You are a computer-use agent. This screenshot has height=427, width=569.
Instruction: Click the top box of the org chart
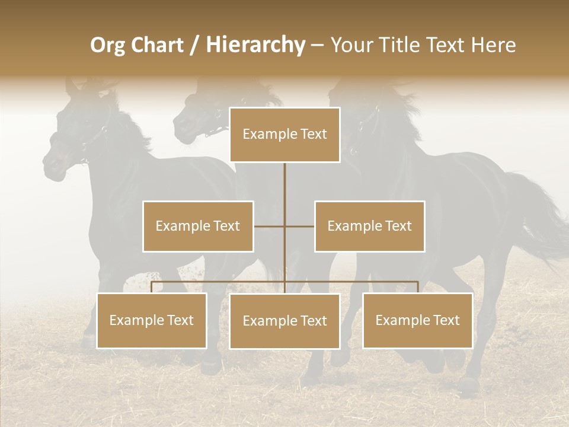coord(284,135)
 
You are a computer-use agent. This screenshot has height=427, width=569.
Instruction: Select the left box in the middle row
coord(198,226)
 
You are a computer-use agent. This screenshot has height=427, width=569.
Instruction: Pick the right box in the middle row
coord(369,226)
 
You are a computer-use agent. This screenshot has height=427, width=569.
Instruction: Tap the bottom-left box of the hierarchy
coord(152,320)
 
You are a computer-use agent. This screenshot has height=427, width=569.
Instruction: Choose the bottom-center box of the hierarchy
coord(284,321)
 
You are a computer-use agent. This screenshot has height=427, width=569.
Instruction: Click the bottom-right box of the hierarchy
coord(417,320)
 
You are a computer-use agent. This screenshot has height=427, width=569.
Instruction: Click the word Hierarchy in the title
coord(255,44)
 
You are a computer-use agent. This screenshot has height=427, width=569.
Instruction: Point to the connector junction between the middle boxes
coord(284,226)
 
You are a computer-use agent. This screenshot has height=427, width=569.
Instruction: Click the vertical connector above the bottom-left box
coord(152,287)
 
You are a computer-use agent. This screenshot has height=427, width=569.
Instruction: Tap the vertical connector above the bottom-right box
coord(417,287)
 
